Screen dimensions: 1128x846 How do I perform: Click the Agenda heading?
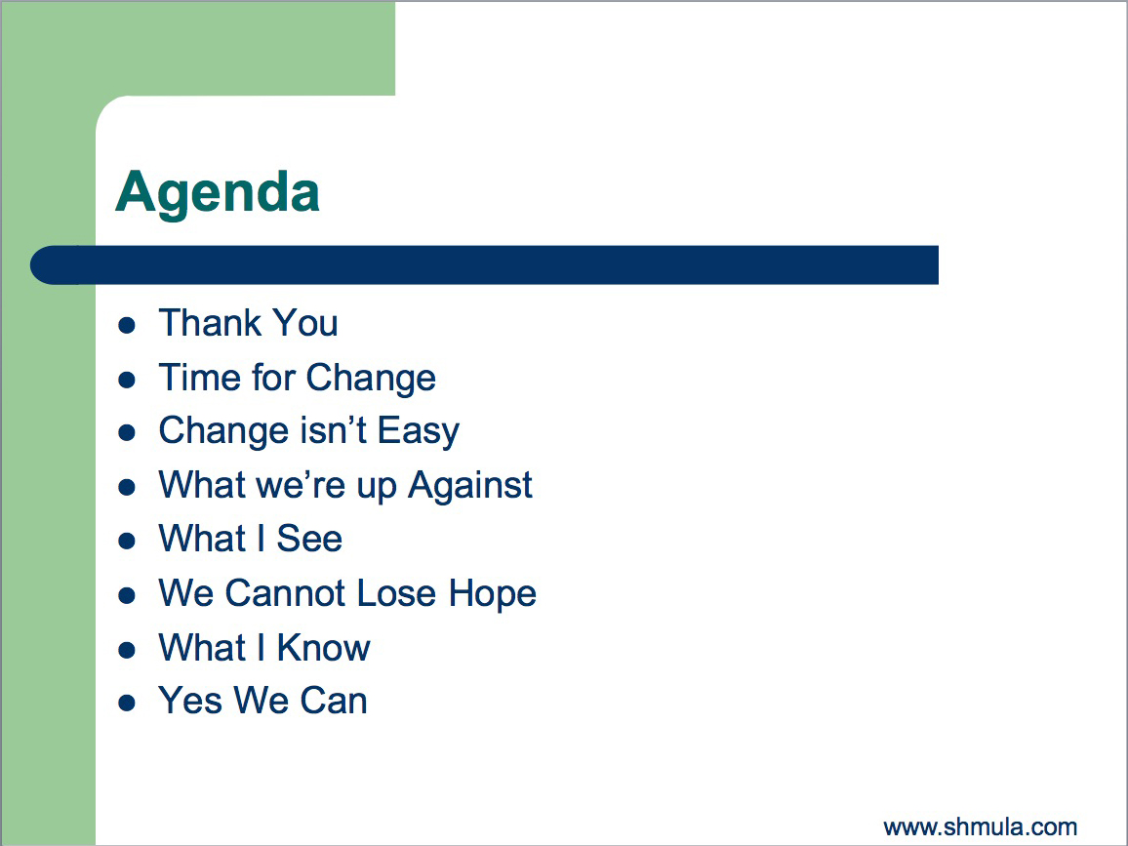tap(218, 193)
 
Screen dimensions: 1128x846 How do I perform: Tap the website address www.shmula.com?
tap(981, 826)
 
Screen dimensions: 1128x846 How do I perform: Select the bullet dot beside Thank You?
tap(127, 325)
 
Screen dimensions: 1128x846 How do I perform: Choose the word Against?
tap(470, 486)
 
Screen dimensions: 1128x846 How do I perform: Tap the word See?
tap(309, 539)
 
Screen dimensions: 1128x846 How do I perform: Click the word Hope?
tap(493, 595)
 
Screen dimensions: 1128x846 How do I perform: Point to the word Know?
tap(324, 648)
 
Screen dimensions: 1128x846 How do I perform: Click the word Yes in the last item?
tap(190, 701)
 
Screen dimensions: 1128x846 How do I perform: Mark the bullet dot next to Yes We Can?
tap(127, 703)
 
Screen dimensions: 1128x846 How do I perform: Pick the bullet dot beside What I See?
tap(127, 541)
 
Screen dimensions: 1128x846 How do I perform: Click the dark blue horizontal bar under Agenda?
tap(484, 264)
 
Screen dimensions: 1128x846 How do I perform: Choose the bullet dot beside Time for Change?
tap(127, 380)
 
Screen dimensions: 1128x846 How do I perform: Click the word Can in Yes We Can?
tap(334, 701)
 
